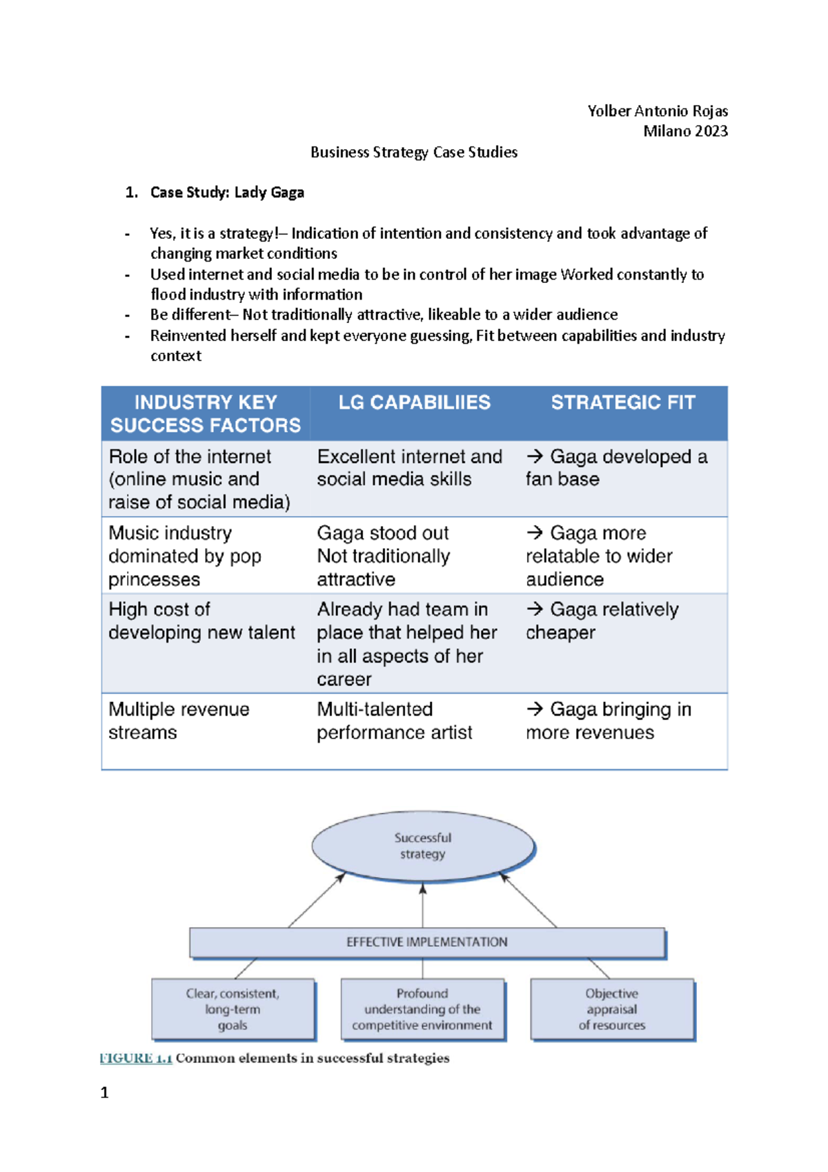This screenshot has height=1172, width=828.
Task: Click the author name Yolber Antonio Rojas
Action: [x=657, y=111]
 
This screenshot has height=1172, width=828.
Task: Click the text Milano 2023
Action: [x=685, y=131]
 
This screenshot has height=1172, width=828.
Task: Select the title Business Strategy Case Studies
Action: [x=413, y=153]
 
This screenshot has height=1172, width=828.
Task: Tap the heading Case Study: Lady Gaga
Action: [x=227, y=193]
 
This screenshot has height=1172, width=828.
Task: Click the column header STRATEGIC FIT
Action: [x=622, y=402]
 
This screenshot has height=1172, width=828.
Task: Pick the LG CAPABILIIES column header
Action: [x=414, y=402]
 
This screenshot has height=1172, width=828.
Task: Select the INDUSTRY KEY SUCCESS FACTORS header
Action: [x=206, y=413]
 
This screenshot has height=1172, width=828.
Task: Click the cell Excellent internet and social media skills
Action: [x=409, y=468]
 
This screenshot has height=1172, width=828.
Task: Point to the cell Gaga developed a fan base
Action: [x=616, y=468]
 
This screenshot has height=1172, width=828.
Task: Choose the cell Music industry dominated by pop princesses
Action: [x=185, y=556]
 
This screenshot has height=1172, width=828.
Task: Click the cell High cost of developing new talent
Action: [x=201, y=621]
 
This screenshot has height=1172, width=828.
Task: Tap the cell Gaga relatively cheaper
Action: [x=602, y=621]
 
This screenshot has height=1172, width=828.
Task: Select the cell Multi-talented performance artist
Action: [x=394, y=721]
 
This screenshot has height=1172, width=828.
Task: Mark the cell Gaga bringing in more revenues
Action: [x=608, y=721]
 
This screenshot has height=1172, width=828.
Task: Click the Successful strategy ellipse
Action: [x=423, y=846]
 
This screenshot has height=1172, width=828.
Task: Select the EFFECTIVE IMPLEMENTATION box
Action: [x=426, y=943]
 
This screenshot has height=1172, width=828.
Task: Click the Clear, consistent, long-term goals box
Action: [x=233, y=1009]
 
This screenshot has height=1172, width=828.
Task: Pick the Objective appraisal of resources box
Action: [x=612, y=1009]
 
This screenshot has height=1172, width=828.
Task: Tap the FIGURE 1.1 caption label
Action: [x=136, y=1058]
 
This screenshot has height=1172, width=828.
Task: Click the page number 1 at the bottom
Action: [x=105, y=1093]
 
